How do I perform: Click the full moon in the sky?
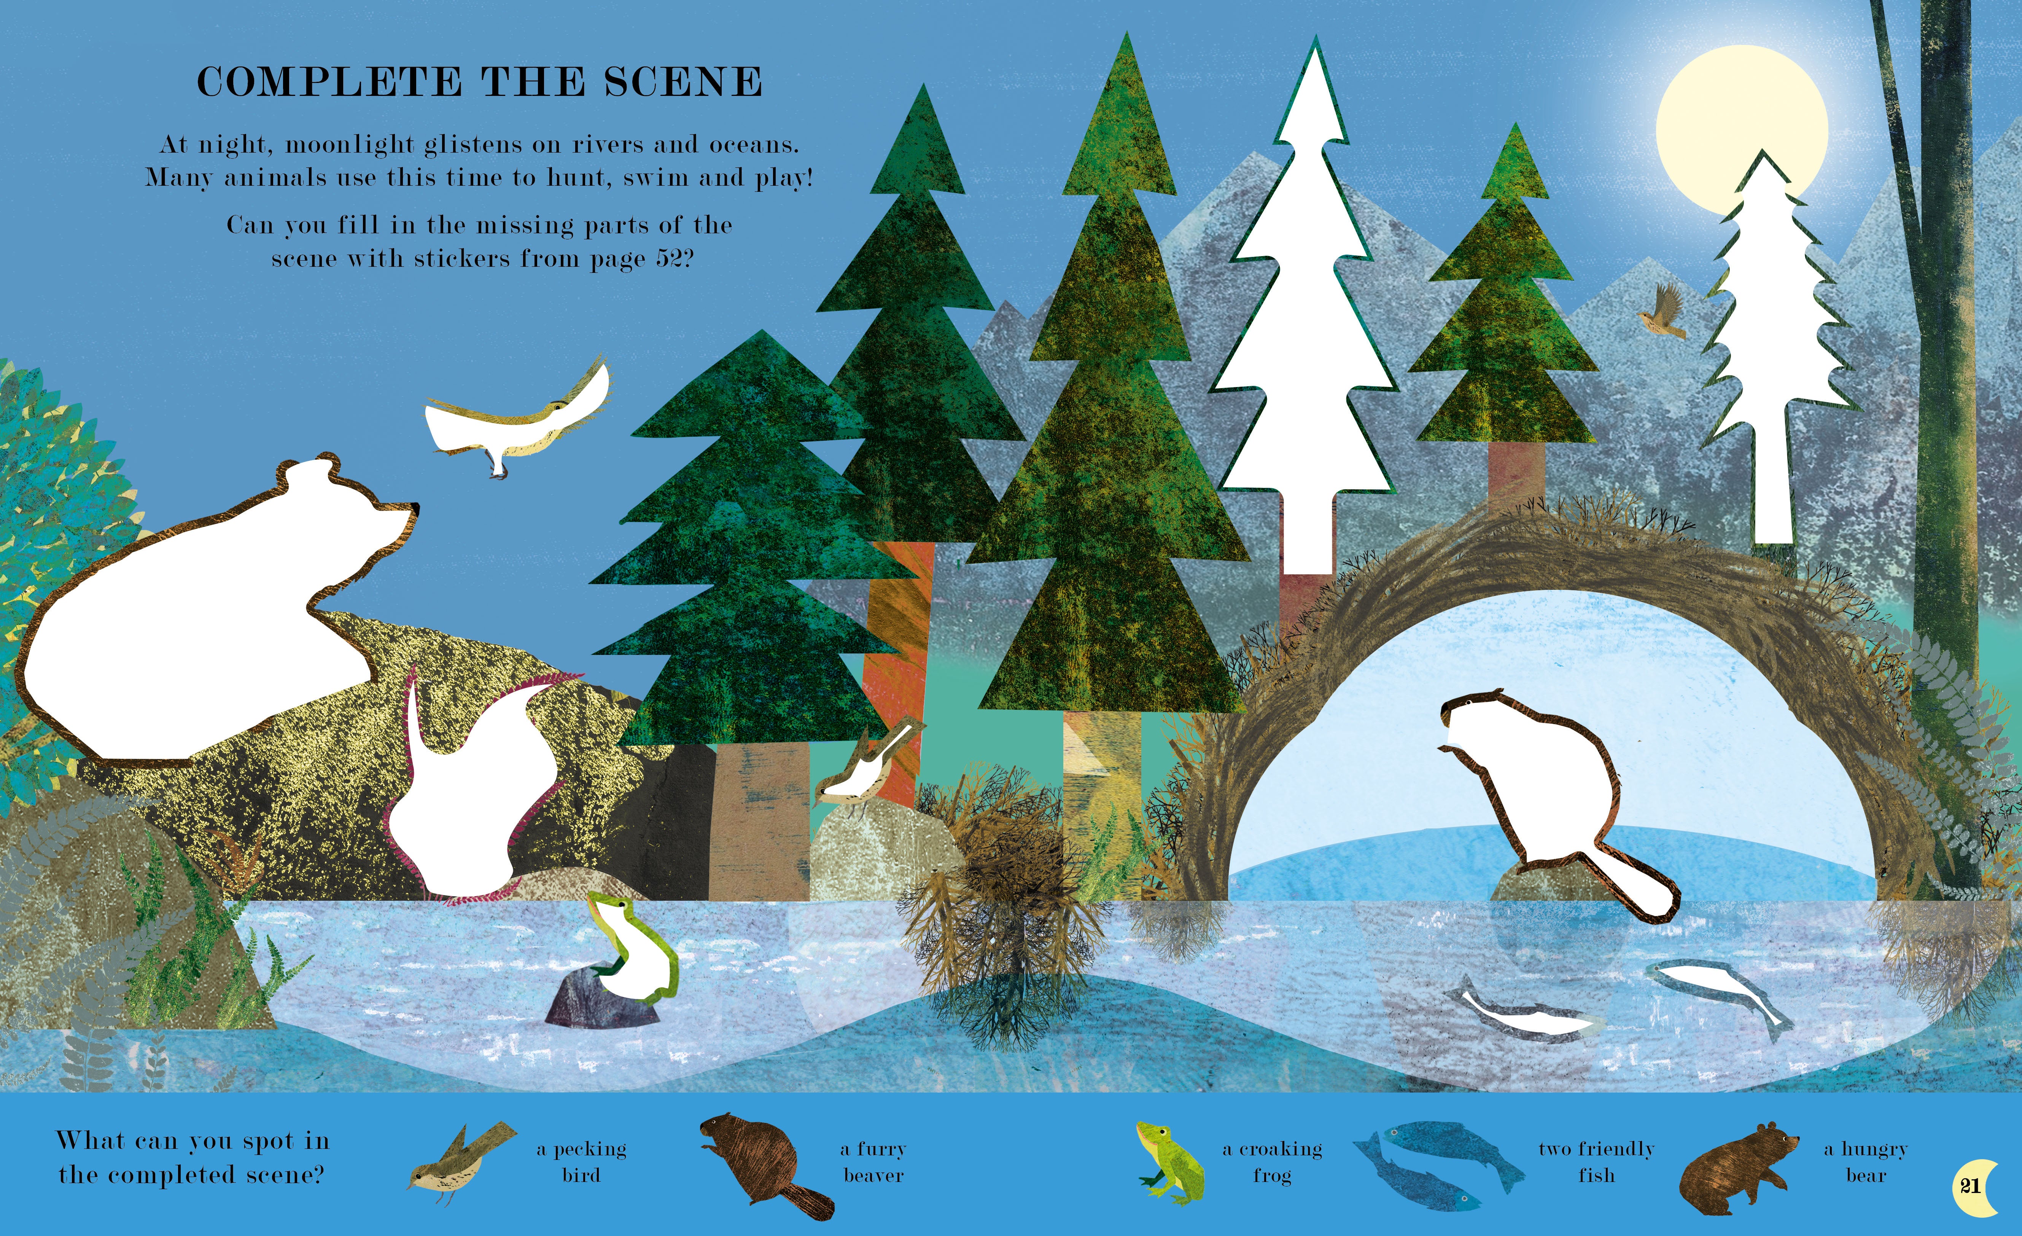tap(1741, 130)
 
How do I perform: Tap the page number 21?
tap(1970, 1186)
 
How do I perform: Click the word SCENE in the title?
tap(683, 82)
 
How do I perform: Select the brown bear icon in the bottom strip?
tap(1736, 1168)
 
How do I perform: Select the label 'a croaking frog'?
tap(1272, 1161)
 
